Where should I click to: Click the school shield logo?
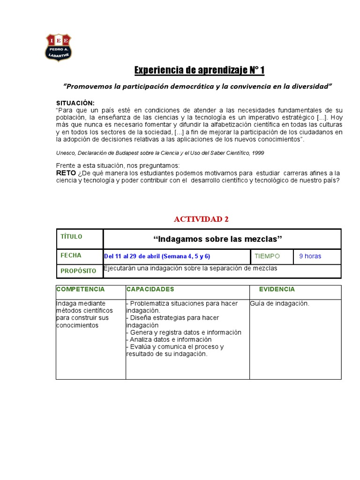click(58, 47)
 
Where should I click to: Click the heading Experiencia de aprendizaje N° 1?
click(199, 70)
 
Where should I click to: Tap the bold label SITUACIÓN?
click(75, 103)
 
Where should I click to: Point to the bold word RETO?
click(66, 173)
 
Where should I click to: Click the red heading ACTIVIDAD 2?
click(201, 219)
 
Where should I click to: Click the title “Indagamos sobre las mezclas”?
click(218, 240)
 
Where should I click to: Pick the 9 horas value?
click(310, 256)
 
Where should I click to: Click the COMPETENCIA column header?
click(80, 289)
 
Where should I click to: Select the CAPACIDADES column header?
click(150, 289)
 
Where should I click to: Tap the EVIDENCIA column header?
click(277, 289)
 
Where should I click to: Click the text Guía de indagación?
click(279, 304)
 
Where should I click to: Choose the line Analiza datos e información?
click(169, 339)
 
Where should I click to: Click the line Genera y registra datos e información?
click(184, 332)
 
